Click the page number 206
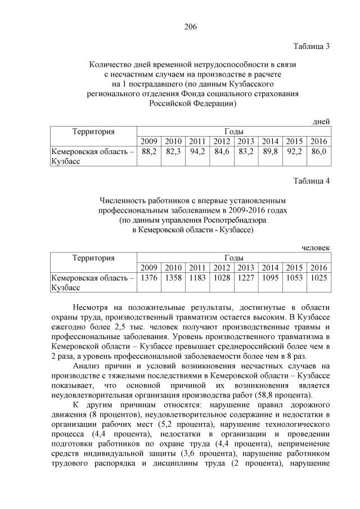point(190,26)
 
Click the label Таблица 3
point(312,46)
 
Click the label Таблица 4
point(312,181)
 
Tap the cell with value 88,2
point(149,152)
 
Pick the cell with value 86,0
point(318,152)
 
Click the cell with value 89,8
point(270,152)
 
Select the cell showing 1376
point(149,278)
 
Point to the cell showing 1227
point(246,278)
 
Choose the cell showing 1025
point(318,278)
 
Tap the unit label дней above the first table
point(321,121)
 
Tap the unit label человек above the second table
point(316,247)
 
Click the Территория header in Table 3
point(93,132)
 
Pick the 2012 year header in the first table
point(222,141)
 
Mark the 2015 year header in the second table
point(294,267)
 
